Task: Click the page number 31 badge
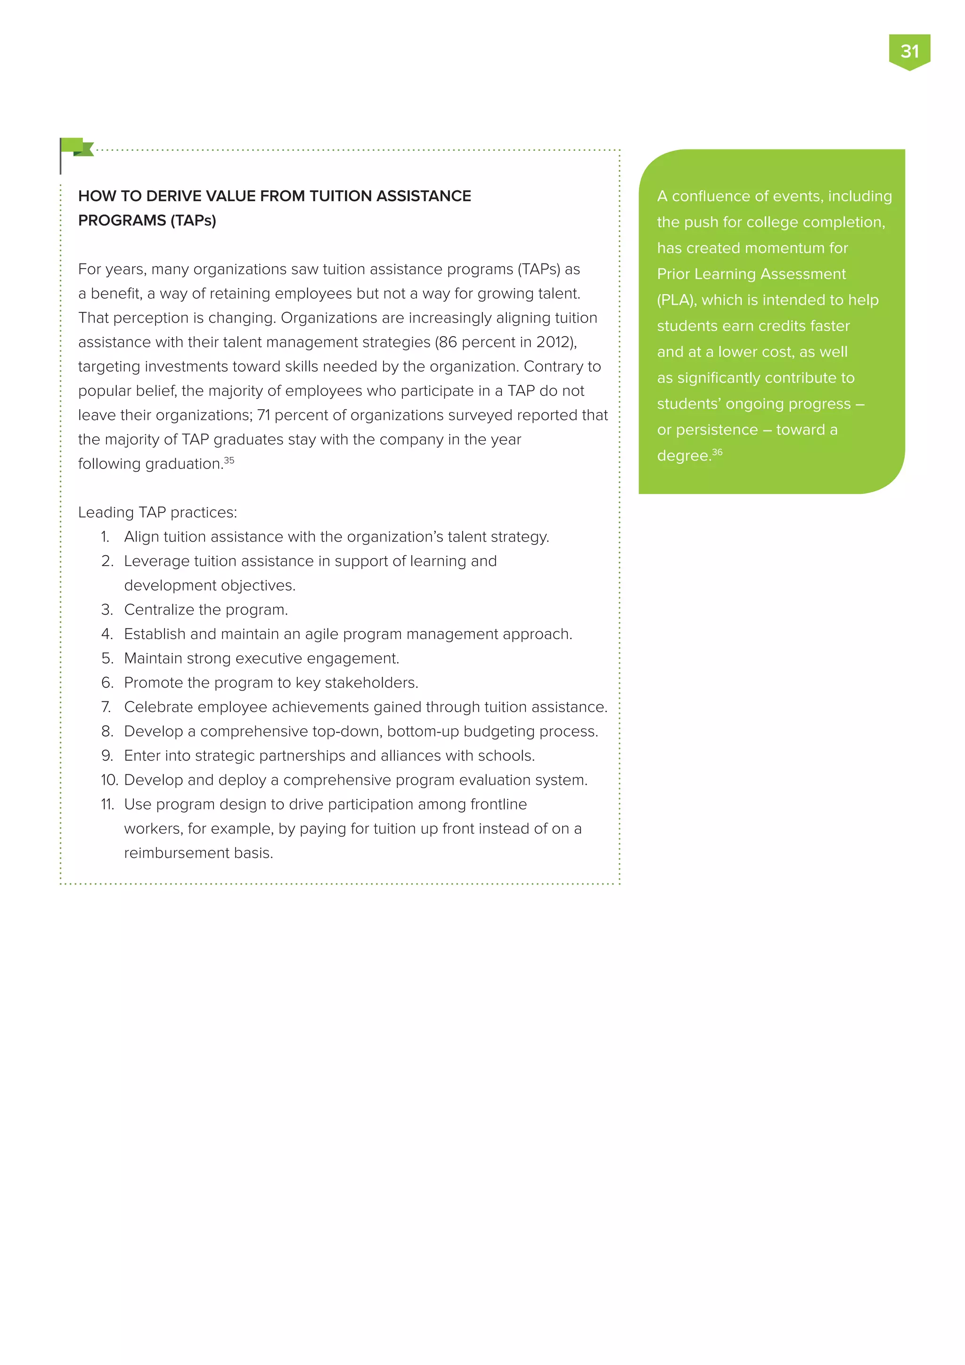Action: [x=909, y=52]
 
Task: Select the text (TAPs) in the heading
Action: [x=194, y=221]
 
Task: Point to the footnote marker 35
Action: [x=229, y=460]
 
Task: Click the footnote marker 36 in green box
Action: [x=717, y=452]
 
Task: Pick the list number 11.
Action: [x=107, y=805]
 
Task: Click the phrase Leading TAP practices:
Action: [x=157, y=512]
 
